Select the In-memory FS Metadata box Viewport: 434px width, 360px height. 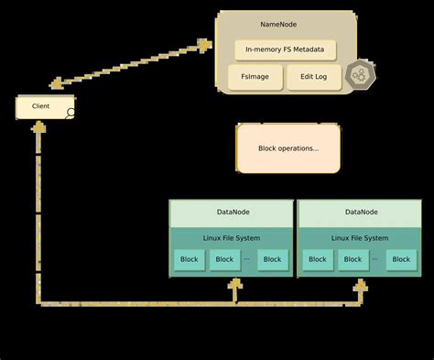coord(285,49)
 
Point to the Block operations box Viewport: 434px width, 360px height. coord(288,148)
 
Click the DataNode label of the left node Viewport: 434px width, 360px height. coord(232,213)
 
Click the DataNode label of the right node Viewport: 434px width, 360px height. coord(360,213)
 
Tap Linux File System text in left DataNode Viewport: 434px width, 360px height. coord(232,238)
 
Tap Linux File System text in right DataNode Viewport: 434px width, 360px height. coord(360,238)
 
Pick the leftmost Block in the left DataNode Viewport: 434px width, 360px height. coord(190,259)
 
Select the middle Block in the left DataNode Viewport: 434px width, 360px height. coord(225,259)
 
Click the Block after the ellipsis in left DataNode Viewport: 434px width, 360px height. coord(272,259)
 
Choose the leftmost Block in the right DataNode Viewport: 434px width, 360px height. coord(318,259)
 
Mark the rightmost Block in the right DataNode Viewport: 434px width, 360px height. coord(401,259)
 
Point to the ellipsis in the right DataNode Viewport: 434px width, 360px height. coord(374,259)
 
